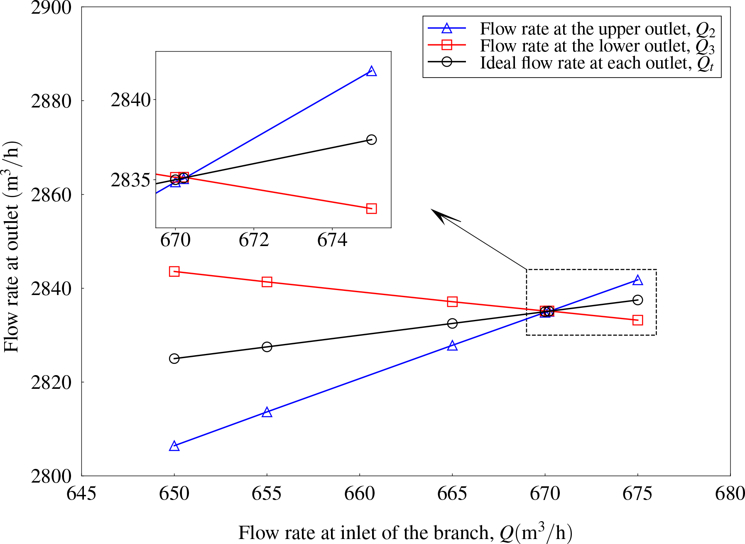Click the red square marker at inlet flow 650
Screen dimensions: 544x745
174,272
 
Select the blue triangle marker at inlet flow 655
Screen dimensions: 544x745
267,412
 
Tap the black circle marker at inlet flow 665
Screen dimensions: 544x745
452,323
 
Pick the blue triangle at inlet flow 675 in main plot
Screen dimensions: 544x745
638,281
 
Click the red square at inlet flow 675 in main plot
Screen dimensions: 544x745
638,320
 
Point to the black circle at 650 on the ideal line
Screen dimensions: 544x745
174,359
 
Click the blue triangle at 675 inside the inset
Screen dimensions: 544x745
372,71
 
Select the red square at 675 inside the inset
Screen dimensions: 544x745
372,208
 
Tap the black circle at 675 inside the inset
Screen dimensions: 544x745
372,139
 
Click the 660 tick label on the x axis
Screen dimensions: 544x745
359,493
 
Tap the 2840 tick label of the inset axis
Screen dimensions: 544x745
130,100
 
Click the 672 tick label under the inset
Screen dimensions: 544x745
254,240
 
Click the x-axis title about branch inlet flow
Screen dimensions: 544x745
405,533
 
